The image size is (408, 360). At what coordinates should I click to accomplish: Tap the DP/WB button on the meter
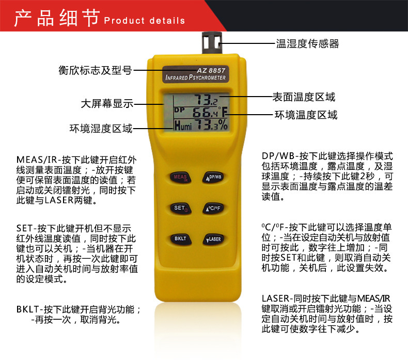click(x=212, y=177)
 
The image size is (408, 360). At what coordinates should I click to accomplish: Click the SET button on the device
click(x=179, y=208)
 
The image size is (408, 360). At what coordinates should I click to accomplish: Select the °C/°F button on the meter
click(x=212, y=208)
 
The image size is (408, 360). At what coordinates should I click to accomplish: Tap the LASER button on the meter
click(x=212, y=239)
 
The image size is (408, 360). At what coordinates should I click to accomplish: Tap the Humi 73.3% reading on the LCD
click(x=200, y=124)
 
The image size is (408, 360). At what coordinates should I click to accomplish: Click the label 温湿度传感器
click(x=307, y=44)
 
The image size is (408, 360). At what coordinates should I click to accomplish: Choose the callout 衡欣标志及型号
click(x=95, y=70)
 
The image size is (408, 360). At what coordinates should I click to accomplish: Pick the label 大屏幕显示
click(x=107, y=103)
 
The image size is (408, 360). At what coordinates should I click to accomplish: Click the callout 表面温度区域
click(x=304, y=97)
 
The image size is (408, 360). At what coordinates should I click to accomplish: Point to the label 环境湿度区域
click(x=101, y=128)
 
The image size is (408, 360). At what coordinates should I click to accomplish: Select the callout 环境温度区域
click(x=306, y=115)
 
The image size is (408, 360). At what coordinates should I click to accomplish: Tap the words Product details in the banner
click(x=145, y=21)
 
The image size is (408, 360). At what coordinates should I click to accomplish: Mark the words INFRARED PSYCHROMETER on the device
click(x=196, y=79)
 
